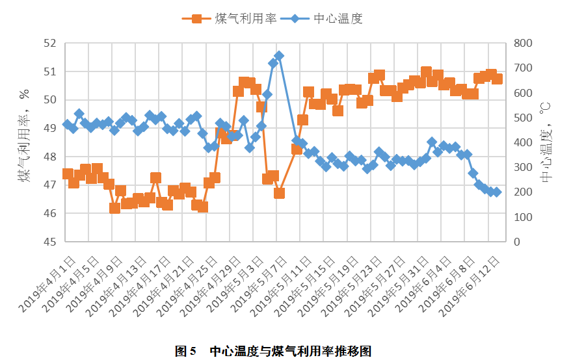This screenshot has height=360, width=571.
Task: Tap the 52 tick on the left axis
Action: (x=51, y=44)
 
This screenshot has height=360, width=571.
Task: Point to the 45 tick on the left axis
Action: (x=51, y=242)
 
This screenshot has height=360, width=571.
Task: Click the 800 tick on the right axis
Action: (x=523, y=44)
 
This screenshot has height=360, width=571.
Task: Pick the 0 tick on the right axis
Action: (x=518, y=242)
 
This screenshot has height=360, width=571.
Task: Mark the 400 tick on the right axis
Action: (x=523, y=142)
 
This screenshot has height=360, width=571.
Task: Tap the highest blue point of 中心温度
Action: (x=279, y=56)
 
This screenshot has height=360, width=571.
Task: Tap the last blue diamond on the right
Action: (x=497, y=192)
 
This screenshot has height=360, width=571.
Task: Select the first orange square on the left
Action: (x=68, y=174)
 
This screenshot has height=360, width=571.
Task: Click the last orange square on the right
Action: (x=497, y=79)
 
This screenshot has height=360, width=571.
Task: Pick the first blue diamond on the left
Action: (x=68, y=124)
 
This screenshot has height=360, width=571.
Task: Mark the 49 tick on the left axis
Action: (x=51, y=129)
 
